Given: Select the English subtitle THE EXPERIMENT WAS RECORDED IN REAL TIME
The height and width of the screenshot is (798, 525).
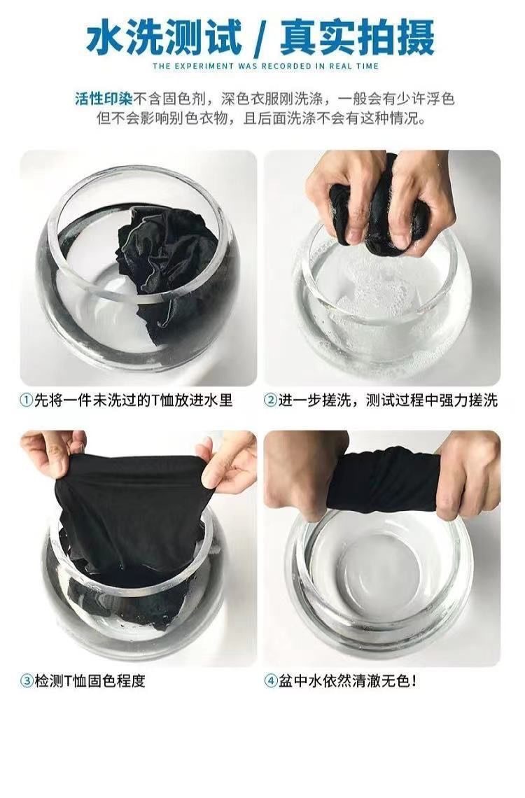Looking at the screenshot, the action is pos(265,66).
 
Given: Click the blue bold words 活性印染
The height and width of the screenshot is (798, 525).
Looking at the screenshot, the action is pos(104,98).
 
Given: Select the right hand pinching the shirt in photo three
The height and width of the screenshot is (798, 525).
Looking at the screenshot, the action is pos(229,461).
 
